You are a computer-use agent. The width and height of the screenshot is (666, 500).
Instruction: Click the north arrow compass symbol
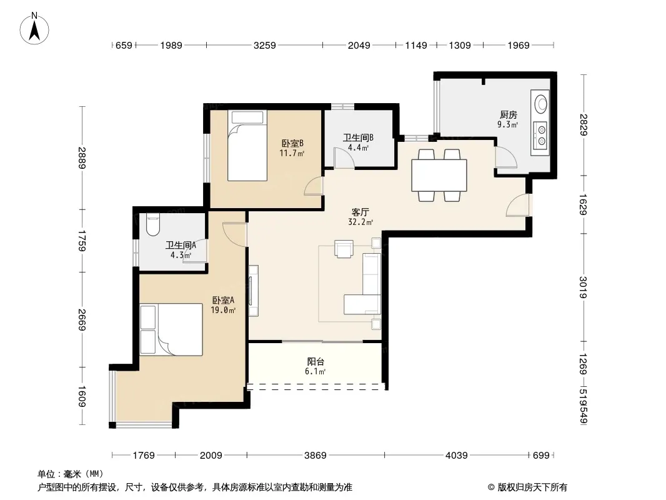click(34, 29)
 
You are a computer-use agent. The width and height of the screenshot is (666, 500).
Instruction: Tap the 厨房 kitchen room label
click(509, 115)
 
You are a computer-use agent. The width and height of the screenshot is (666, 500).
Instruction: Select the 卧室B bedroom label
click(292, 144)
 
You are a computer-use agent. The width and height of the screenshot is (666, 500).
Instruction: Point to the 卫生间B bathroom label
click(358, 137)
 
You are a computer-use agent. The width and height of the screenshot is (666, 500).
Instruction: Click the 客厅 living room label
click(360, 212)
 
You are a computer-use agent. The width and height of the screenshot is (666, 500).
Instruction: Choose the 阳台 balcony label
click(316, 361)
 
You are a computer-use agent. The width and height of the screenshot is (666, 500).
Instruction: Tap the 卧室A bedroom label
click(223, 301)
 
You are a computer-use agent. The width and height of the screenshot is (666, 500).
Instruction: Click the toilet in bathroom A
click(152, 225)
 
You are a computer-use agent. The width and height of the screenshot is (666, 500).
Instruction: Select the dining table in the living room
click(439, 175)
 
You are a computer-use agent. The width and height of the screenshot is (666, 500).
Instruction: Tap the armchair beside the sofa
click(344, 249)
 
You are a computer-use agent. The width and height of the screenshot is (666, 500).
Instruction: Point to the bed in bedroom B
click(247, 146)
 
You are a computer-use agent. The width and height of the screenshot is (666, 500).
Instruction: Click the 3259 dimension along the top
click(265, 45)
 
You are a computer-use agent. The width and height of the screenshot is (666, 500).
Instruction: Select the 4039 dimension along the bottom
click(456, 456)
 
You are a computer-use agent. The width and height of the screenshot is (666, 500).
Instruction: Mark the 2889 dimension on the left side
click(82, 157)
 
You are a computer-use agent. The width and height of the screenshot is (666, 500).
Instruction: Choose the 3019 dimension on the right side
click(583, 287)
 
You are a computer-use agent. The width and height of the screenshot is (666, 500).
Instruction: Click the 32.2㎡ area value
click(360, 222)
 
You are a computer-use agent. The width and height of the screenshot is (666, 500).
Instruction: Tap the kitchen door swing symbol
click(506, 157)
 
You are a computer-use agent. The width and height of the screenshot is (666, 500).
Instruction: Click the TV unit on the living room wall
click(253, 291)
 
